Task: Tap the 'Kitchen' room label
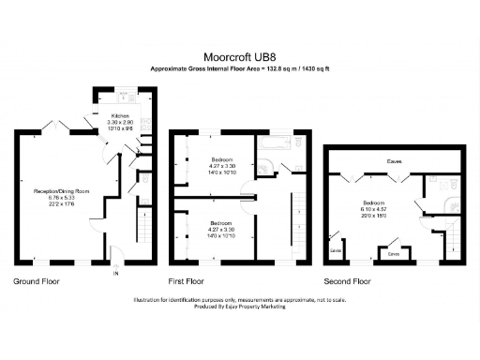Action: [x=111, y=117]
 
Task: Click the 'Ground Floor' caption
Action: [x=37, y=281]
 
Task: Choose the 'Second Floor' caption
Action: [x=347, y=281]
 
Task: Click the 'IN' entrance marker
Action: [x=116, y=274]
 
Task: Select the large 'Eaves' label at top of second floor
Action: [x=396, y=162]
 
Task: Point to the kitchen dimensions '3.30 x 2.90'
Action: [x=111, y=123]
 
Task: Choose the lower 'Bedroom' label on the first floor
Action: [x=223, y=223]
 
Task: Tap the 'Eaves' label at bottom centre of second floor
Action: [x=394, y=253]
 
